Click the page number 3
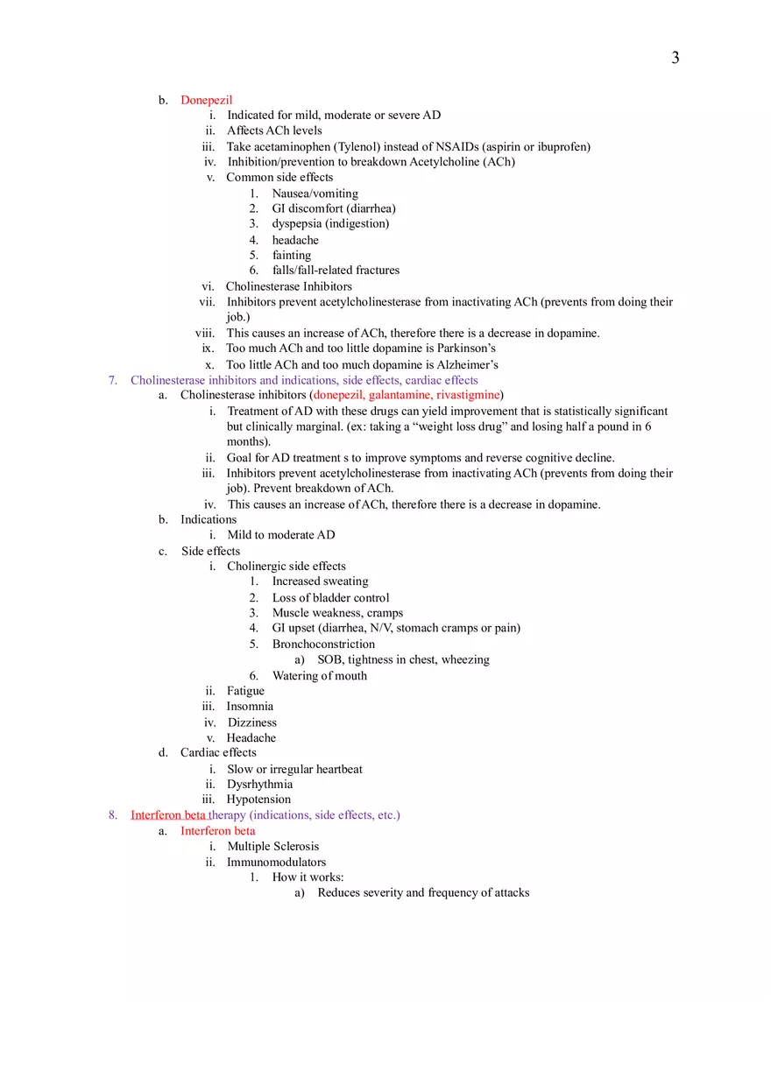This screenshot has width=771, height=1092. tap(675, 58)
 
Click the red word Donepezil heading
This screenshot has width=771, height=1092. tap(206, 100)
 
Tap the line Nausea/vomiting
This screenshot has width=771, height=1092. tap(315, 193)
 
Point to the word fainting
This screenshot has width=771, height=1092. tap(291, 255)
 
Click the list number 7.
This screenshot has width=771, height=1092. tap(112, 380)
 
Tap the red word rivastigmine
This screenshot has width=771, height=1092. tap(467, 395)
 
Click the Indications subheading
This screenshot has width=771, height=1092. tap(209, 519)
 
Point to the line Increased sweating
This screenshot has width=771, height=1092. tap(320, 581)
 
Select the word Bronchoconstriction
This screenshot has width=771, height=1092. tap(323, 644)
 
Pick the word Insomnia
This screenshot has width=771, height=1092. tap(250, 706)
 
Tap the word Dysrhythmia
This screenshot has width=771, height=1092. tap(259, 784)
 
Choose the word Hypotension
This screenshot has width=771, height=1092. tap(258, 799)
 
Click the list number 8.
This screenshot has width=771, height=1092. tap(112, 814)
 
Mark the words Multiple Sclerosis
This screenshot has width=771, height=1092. tap(272, 846)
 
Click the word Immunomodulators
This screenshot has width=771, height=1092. tap(276, 862)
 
